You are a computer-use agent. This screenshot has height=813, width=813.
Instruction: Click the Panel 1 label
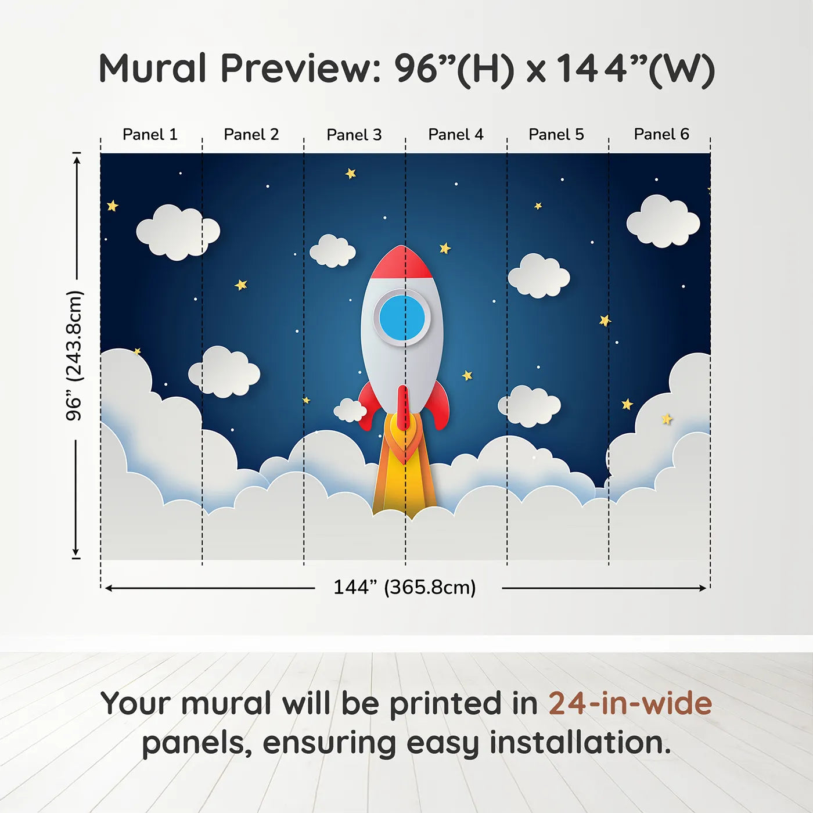point(150,134)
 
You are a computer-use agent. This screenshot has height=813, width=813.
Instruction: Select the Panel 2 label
point(251,134)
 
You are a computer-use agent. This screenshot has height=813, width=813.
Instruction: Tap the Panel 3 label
point(354,135)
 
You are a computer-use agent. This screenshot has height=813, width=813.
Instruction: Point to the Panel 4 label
point(456,134)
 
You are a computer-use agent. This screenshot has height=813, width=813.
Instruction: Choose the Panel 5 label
point(556,134)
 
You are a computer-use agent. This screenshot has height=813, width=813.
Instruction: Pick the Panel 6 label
point(661,134)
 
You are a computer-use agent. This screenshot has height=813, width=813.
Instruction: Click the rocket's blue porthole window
point(402,317)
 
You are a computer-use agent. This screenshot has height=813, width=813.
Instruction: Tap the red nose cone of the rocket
point(401,263)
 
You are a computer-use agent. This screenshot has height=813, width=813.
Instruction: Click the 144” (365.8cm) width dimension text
point(405,587)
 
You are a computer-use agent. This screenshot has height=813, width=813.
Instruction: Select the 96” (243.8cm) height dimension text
point(74,355)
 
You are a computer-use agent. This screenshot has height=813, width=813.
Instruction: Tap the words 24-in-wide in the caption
point(630,703)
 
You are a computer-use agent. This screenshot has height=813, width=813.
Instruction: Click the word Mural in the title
point(153,68)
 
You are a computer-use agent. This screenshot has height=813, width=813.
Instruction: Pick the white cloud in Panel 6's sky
point(663,221)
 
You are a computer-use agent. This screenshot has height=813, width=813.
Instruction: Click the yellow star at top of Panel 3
point(351,173)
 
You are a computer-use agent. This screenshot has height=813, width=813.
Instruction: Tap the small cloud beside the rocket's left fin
point(350,411)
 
